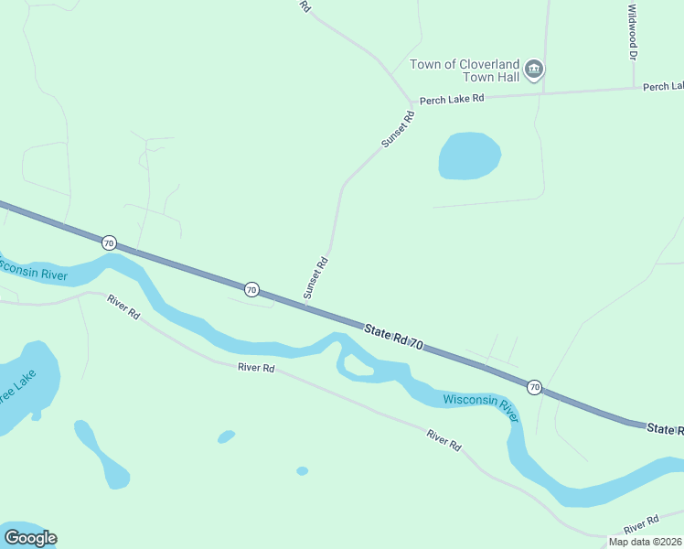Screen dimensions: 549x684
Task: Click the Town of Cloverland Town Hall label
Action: pyautogui.click(x=465, y=70)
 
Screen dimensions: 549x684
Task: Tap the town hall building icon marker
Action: pyautogui.click(x=535, y=69)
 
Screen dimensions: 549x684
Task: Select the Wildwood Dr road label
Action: pyautogui.click(x=632, y=32)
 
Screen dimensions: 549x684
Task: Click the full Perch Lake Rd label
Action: pyautogui.click(x=452, y=99)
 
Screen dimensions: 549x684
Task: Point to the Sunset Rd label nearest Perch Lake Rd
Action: pyautogui.click(x=398, y=130)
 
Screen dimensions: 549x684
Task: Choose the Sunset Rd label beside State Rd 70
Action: pyautogui.click(x=315, y=277)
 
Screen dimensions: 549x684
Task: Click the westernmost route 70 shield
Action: pyautogui.click(x=110, y=242)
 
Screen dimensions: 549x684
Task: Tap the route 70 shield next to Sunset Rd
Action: pyautogui.click(x=251, y=289)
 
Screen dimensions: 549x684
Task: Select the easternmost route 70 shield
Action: pyautogui.click(x=535, y=387)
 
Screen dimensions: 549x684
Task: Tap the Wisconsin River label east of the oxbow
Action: pyautogui.click(x=480, y=406)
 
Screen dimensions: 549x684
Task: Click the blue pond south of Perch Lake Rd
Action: pyautogui.click(x=469, y=156)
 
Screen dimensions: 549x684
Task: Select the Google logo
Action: pyautogui.click(x=30, y=538)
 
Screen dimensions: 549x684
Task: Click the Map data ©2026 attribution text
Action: pyautogui.click(x=646, y=542)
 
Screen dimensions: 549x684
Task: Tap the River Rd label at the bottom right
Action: pyautogui.click(x=641, y=525)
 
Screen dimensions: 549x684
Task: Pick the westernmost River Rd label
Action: pyautogui.click(x=123, y=307)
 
